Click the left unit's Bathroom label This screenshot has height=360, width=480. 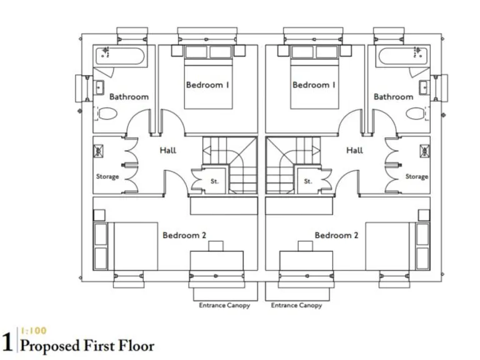coord(129,97)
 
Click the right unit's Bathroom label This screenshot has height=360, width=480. coord(393,97)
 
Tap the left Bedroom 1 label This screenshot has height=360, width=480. coord(206,84)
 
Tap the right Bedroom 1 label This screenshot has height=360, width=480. coord(314,84)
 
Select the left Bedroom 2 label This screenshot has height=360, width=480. coord(184,236)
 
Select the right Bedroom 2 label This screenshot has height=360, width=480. coord(336,236)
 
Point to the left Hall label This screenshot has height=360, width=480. coord(167,150)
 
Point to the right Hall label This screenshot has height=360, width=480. coord(354,150)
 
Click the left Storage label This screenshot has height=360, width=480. coord(107,177)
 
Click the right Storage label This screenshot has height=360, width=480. coord(417,177)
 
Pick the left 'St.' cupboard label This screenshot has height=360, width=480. coord(214,182)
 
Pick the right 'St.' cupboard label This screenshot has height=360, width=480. coord(308,182)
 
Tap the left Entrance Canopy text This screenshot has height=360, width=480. coord(224,306)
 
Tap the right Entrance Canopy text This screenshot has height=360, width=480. coord(297,306)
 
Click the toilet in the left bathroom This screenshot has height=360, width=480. coord(109,114)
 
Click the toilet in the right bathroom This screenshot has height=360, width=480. coord(414,114)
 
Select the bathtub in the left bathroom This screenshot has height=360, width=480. coord(121,58)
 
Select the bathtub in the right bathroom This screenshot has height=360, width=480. coord(401,58)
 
